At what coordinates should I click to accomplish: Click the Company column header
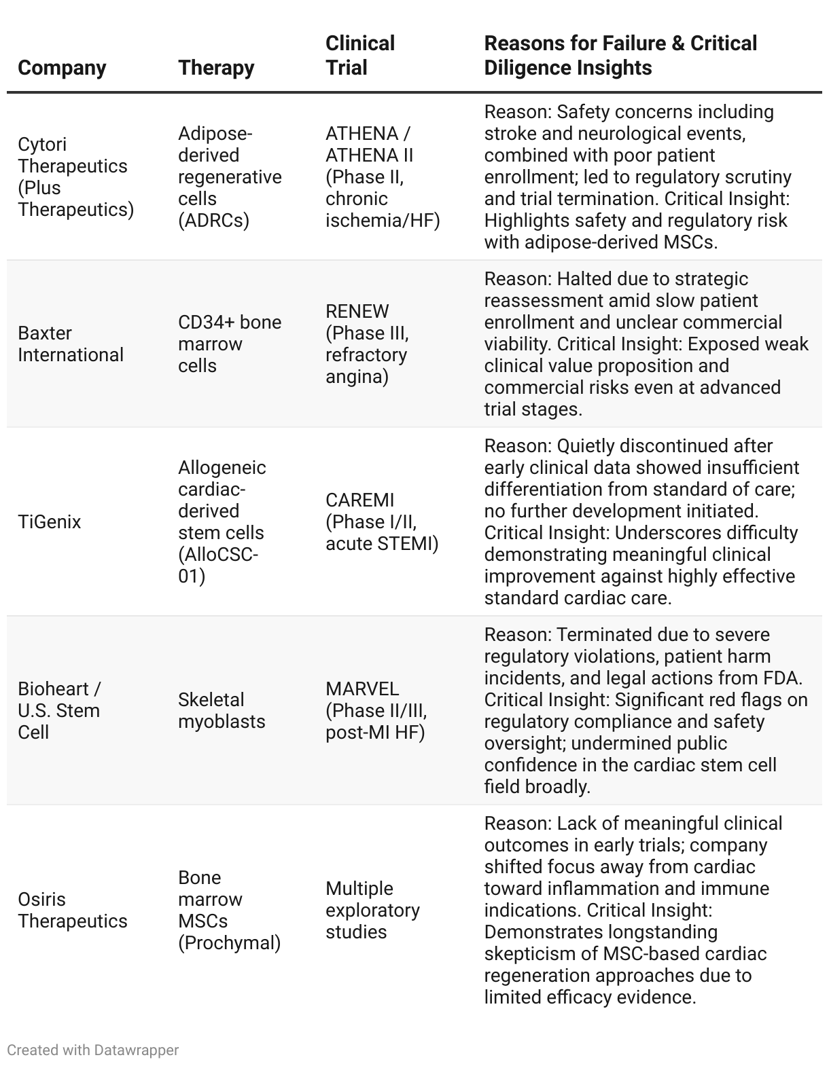(x=62, y=68)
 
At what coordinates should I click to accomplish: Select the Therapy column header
(x=216, y=68)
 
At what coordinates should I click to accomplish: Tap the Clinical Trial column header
(x=359, y=56)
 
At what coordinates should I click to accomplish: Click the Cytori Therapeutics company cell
(x=75, y=177)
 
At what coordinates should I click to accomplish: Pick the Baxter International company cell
(x=71, y=344)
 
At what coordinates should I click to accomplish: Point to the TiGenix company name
(x=49, y=522)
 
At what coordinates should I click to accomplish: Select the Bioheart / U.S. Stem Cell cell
(x=59, y=711)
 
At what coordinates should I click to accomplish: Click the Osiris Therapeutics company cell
(x=73, y=911)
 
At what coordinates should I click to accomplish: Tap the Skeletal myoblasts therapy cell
(x=222, y=711)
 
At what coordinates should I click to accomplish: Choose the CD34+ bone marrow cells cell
(x=229, y=344)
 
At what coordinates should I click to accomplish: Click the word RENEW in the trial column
(x=357, y=312)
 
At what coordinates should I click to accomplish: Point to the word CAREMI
(x=359, y=500)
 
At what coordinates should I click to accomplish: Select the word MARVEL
(x=362, y=689)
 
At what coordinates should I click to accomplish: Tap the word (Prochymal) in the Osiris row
(x=229, y=943)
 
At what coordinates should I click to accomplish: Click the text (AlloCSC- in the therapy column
(x=218, y=555)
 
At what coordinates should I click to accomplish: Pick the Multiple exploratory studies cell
(x=372, y=911)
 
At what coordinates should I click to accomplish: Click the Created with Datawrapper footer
(x=92, y=1050)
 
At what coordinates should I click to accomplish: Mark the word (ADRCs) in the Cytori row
(x=213, y=221)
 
